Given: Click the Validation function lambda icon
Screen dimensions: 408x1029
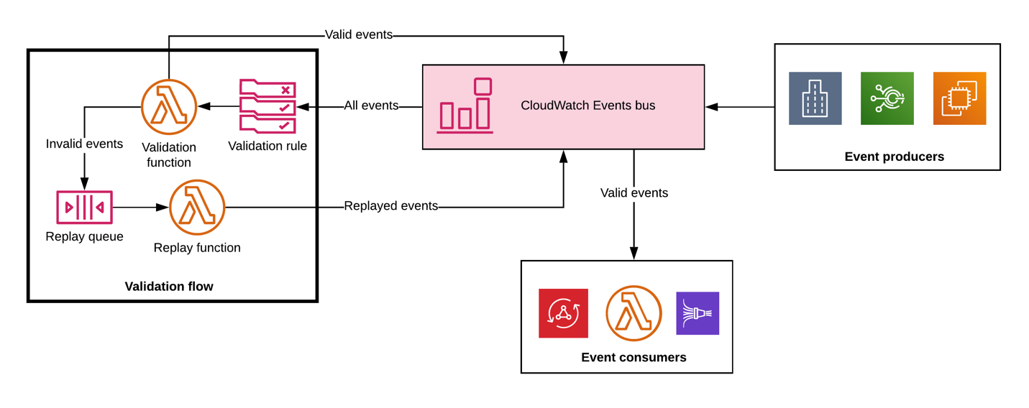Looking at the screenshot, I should pos(169,107).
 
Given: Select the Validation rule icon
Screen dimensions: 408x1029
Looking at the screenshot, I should pos(267,106).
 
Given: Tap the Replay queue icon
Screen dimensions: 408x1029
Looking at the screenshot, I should pos(84,208).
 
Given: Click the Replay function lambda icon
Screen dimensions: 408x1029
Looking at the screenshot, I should pos(197,208).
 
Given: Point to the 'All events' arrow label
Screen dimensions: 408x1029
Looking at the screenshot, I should pos(371,106).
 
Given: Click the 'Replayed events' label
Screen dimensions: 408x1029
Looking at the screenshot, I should pos(390,206).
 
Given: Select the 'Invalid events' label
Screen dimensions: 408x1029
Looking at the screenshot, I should pos(84,144).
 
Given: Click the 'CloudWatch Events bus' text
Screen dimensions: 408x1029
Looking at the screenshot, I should pos(587,106).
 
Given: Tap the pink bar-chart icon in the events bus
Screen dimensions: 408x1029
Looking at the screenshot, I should pos(465,106).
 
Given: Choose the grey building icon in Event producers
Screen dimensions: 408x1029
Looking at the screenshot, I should pos(815,98).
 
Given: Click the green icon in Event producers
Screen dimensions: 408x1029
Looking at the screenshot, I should pos(887,98).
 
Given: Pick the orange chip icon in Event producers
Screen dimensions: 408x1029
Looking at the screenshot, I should pos(959,98).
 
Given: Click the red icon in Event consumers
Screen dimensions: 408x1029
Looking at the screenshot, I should pos(563,313).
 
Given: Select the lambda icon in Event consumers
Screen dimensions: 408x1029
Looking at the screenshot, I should pos(634,313).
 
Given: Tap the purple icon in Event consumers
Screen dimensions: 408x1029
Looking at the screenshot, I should pos(698,313).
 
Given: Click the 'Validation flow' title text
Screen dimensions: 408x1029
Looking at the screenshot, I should pos(169,287).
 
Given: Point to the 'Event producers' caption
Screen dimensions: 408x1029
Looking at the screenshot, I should pos(894,157).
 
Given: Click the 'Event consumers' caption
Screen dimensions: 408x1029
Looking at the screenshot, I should pos(634,358).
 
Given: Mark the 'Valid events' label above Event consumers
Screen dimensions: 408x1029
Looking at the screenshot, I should pos(634,193).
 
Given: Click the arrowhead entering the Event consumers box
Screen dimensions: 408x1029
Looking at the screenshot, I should pos(634,254).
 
